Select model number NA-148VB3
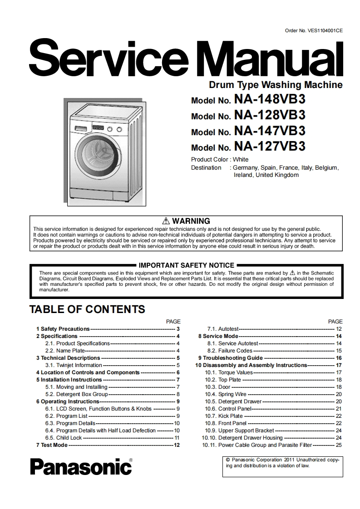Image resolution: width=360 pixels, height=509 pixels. (269, 99)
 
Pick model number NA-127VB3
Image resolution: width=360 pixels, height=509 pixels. (269, 146)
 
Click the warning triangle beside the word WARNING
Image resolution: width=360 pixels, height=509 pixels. (165, 221)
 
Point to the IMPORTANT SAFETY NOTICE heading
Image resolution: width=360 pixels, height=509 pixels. (186, 265)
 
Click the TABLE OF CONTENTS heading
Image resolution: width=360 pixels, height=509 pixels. (87, 309)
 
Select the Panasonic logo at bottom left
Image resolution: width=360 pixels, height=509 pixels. (81, 466)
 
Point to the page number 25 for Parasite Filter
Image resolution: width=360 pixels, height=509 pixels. (339, 445)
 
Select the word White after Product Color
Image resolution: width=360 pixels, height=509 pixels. (241, 159)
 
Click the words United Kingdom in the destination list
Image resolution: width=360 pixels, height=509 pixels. (277, 175)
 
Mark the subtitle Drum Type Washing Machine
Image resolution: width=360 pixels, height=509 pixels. (276, 84)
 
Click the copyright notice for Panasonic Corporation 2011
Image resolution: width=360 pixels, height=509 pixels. (282, 462)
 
